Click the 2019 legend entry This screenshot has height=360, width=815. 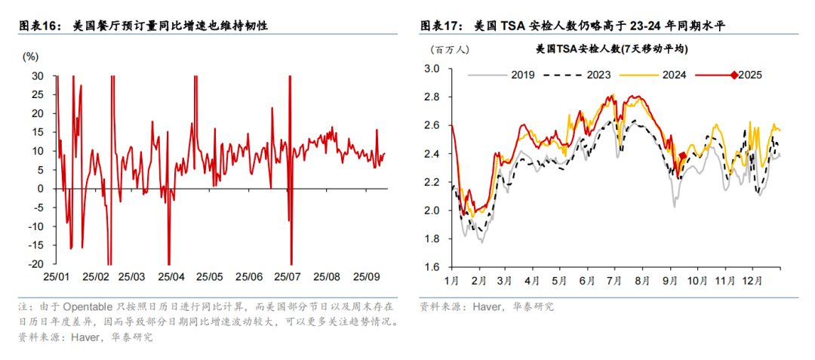(521, 75)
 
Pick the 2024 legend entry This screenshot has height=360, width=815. (674, 75)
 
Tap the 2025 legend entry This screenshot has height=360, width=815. (749, 75)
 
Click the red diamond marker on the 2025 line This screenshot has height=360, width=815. (682, 156)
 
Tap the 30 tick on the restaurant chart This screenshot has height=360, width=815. (38, 76)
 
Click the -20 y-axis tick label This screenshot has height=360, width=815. (35, 264)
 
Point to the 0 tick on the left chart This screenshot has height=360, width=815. (41, 189)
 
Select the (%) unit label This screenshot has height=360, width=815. (31, 57)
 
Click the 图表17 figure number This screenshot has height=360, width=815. (439, 26)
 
